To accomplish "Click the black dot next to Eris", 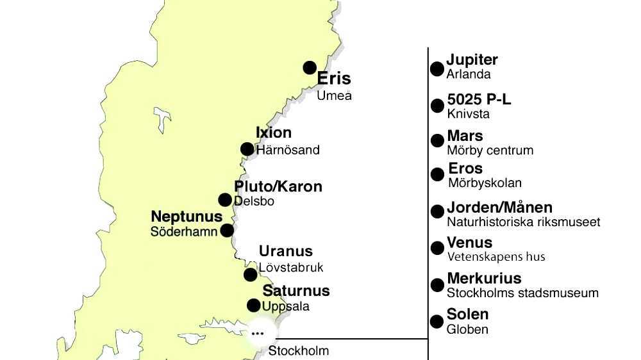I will [x=310, y=67].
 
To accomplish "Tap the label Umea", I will [x=334, y=96].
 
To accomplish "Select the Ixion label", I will [x=274, y=133].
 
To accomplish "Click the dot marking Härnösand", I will [x=247, y=149].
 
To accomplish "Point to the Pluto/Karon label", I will [x=278, y=186].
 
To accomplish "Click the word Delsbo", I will [x=254, y=201].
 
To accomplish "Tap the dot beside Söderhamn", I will [x=227, y=230].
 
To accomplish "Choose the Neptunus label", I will [x=187, y=217].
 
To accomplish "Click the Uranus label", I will [x=286, y=251].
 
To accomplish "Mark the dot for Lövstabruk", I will [x=250, y=275].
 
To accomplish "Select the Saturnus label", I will [x=296, y=291].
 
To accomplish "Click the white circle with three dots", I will [x=258, y=333].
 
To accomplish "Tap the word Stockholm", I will [x=299, y=351].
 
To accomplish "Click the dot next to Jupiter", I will [x=437, y=69].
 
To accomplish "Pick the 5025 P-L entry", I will [x=479, y=100].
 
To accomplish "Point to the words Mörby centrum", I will [x=490, y=151].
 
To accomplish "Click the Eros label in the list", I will [x=465, y=168].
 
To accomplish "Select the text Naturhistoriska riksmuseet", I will [x=524, y=222].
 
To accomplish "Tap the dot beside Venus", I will [x=437, y=248].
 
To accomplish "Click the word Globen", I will [x=468, y=329].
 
